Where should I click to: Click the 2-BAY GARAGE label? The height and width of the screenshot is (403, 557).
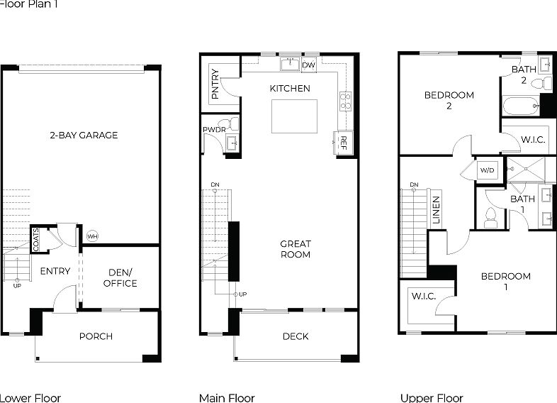[84, 135]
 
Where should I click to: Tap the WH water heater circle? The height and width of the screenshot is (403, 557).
[93, 236]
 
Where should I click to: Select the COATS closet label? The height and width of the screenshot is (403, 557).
[36, 239]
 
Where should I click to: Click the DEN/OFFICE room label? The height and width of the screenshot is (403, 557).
[120, 277]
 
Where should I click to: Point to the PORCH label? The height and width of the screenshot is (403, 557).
[96, 336]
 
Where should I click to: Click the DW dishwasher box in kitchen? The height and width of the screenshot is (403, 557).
[308, 65]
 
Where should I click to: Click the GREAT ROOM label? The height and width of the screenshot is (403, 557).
[296, 248]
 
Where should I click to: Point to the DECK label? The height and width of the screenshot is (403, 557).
[296, 336]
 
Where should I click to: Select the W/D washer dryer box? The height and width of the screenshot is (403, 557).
[487, 170]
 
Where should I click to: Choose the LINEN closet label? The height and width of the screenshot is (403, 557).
[437, 211]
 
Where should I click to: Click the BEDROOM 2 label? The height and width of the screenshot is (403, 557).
[449, 100]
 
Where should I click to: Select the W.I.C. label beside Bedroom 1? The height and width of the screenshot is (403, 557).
[423, 297]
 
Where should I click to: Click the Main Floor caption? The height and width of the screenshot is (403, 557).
[227, 398]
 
